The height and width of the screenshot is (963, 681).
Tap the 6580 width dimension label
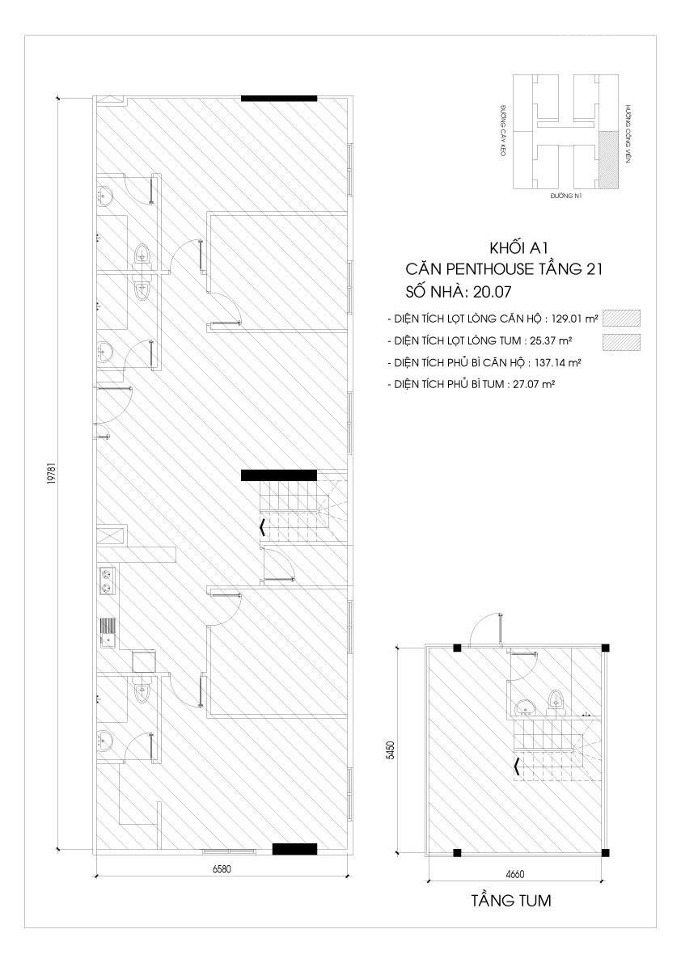[222, 870]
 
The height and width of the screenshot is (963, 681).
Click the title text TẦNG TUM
[511, 901]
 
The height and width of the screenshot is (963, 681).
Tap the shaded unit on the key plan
[608, 159]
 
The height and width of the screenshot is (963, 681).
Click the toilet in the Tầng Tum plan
[557, 700]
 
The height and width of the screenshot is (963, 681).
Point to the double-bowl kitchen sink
[108, 581]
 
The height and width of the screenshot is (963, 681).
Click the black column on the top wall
[279, 98]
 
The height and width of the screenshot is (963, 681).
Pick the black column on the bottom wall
[294, 849]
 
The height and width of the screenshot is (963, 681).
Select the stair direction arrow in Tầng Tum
[518, 765]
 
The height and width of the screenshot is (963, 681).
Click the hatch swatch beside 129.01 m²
[621, 318]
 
